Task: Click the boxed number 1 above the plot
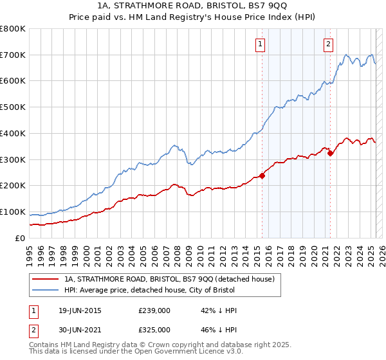tap(261, 44)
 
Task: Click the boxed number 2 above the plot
tap(328, 44)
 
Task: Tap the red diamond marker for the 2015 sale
tap(262, 175)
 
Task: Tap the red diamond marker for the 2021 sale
tap(331, 153)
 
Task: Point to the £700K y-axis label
tap(13, 55)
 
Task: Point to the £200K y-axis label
tap(13, 186)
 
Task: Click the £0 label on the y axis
tap(21, 238)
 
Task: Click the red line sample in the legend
tap(44, 279)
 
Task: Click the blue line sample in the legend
tap(44, 290)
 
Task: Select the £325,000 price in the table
tap(154, 329)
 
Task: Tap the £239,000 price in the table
tap(154, 310)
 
